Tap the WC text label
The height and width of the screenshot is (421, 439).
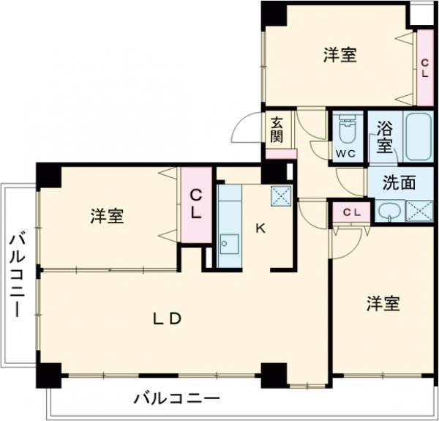coord(345,153)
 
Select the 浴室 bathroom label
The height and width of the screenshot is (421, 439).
coord(385,135)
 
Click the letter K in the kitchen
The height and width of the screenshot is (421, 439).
coord(260,228)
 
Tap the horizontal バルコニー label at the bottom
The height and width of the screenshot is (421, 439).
coord(176,400)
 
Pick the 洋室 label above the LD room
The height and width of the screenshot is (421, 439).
coord(107,217)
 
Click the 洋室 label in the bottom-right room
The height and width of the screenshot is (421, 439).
coord(383,304)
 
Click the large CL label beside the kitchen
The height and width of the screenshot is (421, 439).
coord(196,205)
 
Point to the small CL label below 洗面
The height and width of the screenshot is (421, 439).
coord(351,212)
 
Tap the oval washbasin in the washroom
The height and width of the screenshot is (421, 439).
coord(388,212)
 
